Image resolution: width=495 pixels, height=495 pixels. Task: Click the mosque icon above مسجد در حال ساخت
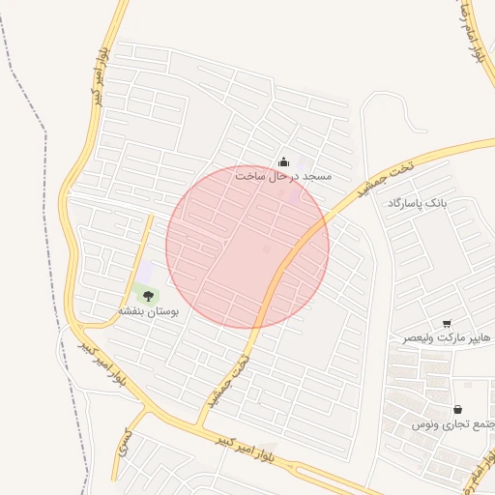click(283, 161)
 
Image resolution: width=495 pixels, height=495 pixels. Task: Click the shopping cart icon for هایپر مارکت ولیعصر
click(447, 324)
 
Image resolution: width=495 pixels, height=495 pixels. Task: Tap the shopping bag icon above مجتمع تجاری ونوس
click(456, 410)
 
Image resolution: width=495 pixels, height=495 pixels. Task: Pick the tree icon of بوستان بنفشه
click(147, 297)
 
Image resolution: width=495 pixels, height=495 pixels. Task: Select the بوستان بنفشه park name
click(150, 311)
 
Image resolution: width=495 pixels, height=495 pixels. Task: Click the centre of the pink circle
click(247, 247)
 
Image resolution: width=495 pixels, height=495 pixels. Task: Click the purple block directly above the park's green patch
click(146, 273)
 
